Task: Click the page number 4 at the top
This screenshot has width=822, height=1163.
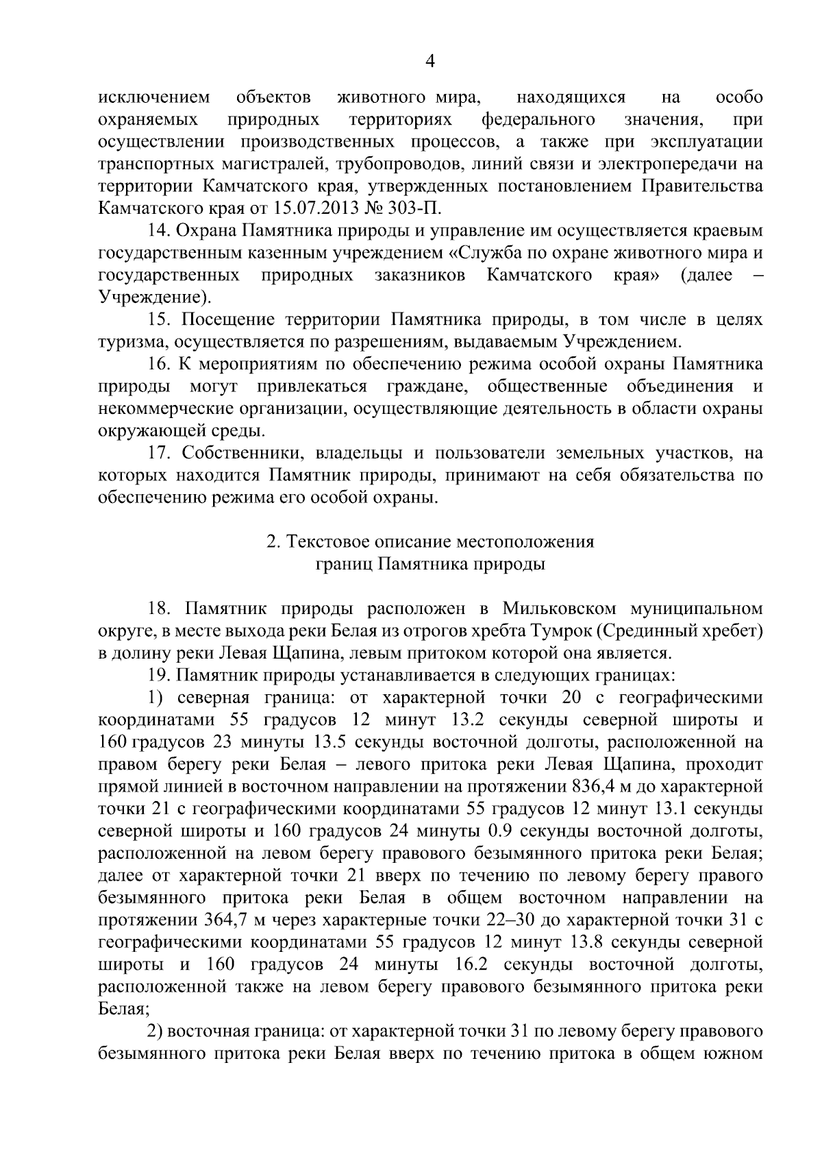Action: (430, 62)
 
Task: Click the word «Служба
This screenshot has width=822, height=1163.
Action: (480, 254)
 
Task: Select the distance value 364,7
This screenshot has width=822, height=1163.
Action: (226, 920)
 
